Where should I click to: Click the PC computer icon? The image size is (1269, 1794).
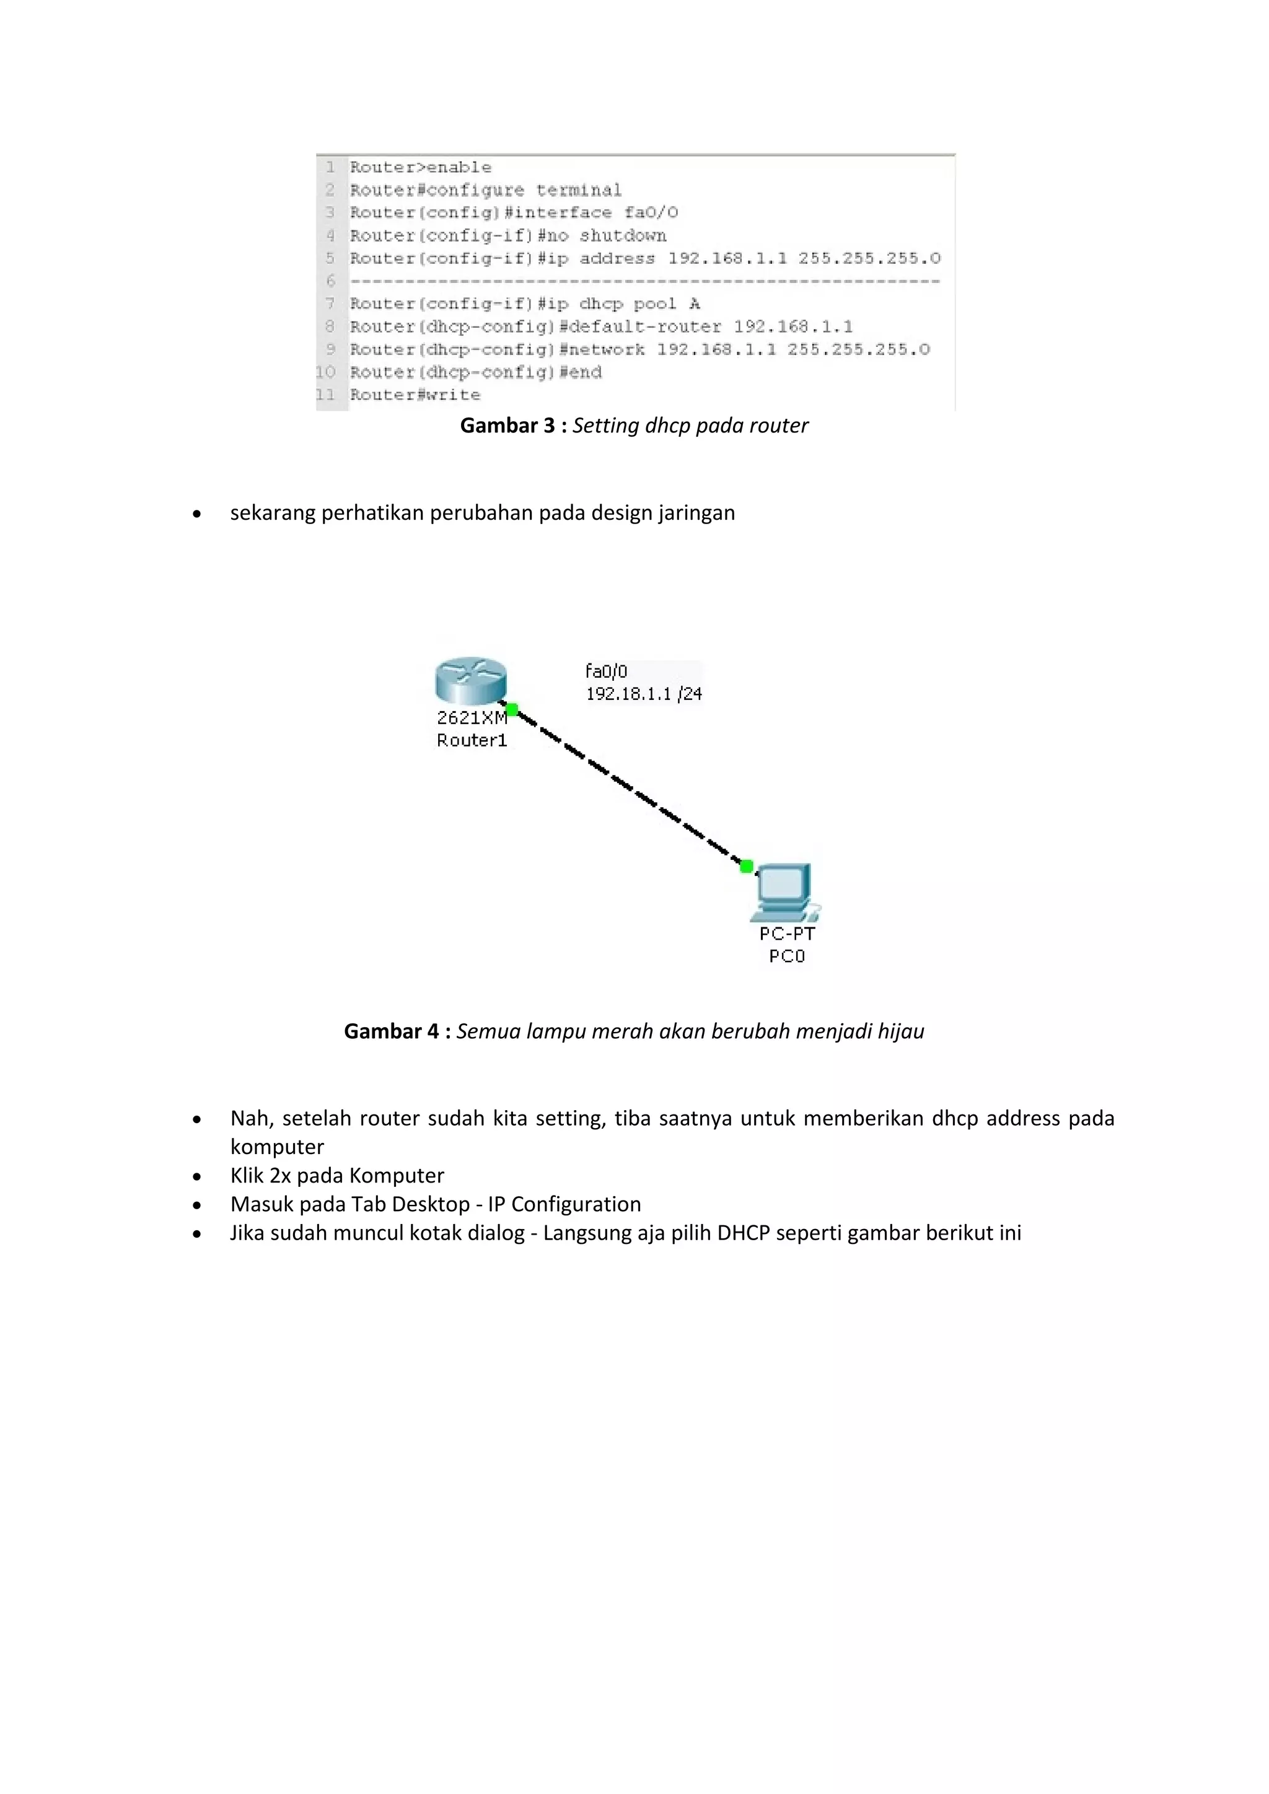coord(785,891)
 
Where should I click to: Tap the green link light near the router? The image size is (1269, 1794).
coord(512,709)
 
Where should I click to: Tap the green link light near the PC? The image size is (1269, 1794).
coord(746,866)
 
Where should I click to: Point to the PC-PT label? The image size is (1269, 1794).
coord(787,934)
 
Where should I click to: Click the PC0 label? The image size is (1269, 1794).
coord(786,956)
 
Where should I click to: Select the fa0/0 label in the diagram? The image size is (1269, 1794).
coord(607,671)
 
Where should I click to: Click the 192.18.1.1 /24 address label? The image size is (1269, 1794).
coord(644,694)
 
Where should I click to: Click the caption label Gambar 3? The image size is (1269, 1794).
coord(508,426)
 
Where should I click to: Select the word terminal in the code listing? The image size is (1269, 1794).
coord(578,190)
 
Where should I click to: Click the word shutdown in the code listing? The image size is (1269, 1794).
coord(623,235)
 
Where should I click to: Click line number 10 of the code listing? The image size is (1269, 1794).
coord(326,372)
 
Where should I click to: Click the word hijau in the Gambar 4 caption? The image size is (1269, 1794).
coord(900,1031)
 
